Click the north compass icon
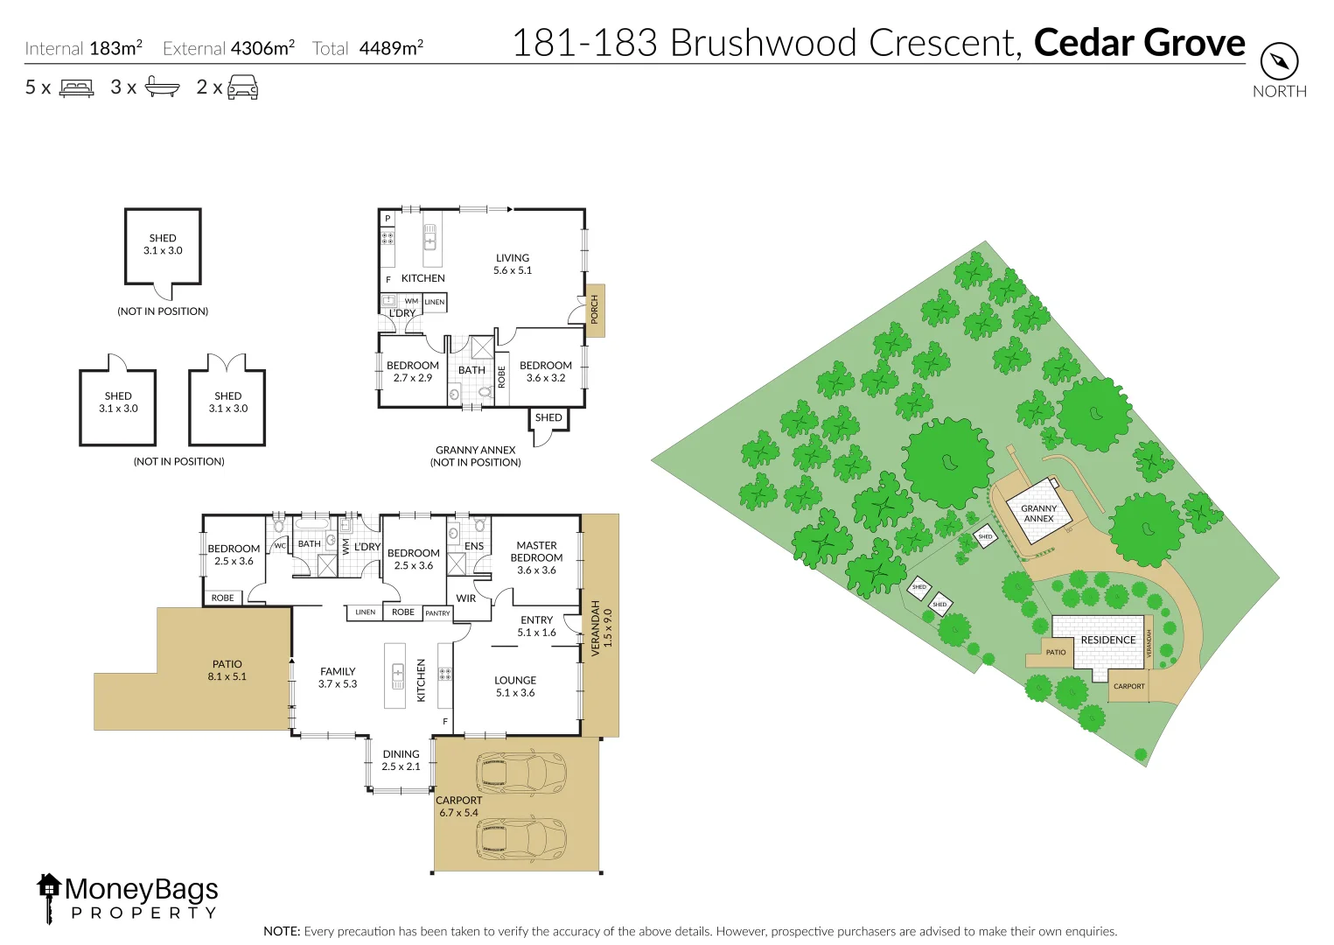1279,61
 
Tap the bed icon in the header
76,87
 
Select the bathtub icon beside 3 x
162,87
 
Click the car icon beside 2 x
242,87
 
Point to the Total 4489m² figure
368,48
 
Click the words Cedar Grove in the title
1139,43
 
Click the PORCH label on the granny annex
595,310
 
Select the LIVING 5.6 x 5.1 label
513,264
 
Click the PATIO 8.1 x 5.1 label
227,670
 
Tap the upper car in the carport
521,772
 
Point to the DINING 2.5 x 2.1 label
401,759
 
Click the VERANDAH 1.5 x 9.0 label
602,624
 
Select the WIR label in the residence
466,598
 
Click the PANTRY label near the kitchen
437,613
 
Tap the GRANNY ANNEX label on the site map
1038,514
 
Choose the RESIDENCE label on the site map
1107,640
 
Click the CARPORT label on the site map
1128,686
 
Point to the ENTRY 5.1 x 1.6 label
536,626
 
